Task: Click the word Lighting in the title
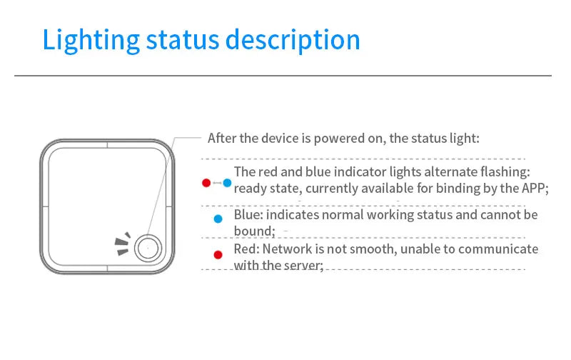tap(90, 40)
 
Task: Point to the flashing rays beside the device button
tap(123, 244)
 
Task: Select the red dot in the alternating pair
tap(206, 184)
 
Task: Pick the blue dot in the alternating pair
tap(227, 184)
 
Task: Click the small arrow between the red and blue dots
tap(216, 184)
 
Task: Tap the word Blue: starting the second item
tap(249, 214)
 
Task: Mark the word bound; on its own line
tap(255, 231)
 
